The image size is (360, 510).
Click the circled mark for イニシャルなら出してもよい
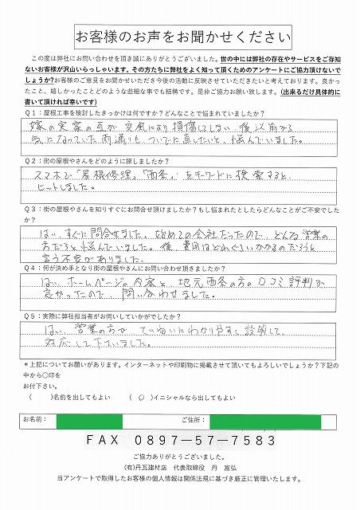coord(140,397)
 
